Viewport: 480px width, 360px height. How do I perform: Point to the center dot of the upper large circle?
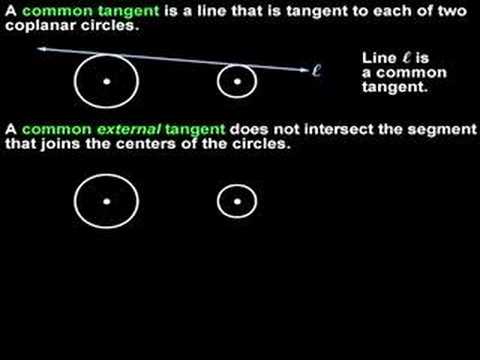coord(106,81)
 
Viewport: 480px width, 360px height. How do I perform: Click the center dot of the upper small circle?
coord(237,81)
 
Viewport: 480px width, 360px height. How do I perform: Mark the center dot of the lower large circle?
coord(106,201)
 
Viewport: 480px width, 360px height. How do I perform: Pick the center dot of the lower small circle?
coord(237,201)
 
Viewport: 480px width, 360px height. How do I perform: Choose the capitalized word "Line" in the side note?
coord(379,59)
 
